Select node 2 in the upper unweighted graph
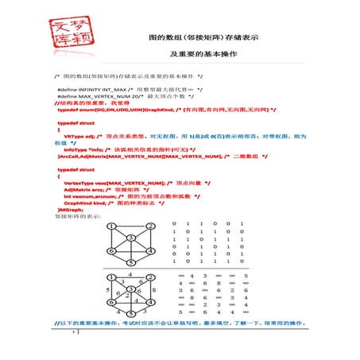pos(150,226)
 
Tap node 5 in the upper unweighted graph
pos(131,262)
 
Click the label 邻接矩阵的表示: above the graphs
pos(79,216)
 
